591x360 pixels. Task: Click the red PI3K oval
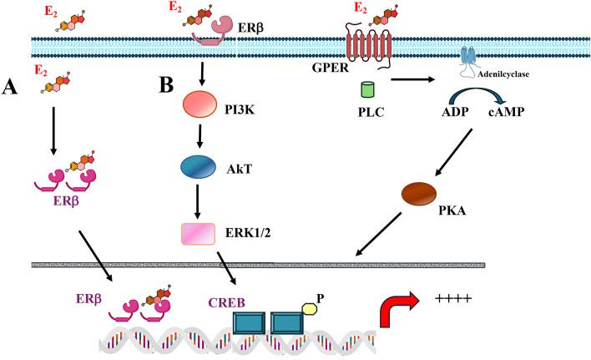pyautogui.click(x=200, y=104)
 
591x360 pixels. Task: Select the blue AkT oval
pyautogui.click(x=199, y=166)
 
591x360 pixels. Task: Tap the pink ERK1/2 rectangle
pyautogui.click(x=199, y=234)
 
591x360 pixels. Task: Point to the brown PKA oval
pyautogui.click(x=419, y=194)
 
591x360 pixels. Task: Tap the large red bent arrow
pyautogui.click(x=397, y=308)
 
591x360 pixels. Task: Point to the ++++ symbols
pyautogui.click(x=452, y=299)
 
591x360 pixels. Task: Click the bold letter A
pyautogui.click(x=9, y=88)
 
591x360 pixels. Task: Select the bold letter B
pyautogui.click(x=166, y=85)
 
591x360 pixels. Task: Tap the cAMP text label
pyautogui.click(x=506, y=112)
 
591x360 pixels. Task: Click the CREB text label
pyautogui.click(x=227, y=302)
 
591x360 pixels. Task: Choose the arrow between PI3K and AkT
pyautogui.click(x=200, y=136)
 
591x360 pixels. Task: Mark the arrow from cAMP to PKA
pyautogui.click(x=453, y=152)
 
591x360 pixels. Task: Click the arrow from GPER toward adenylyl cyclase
pyautogui.click(x=413, y=79)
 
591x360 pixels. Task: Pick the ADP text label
pyautogui.click(x=455, y=112)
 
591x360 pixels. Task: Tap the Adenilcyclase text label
pyautogui.click(x=503, y=74)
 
